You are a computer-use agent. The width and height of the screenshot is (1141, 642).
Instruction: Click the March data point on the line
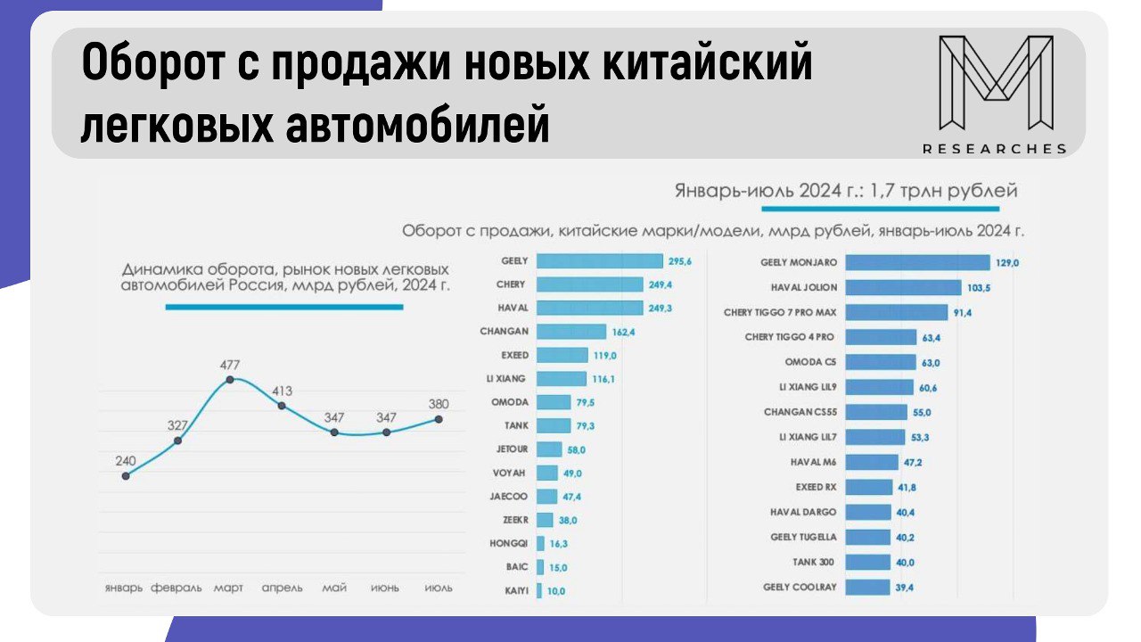point(230,379)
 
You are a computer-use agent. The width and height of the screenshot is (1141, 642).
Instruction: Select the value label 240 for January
point(126,461)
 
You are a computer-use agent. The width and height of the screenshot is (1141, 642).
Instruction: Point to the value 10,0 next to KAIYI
point(556,590)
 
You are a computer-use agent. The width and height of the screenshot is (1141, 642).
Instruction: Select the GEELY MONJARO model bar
point(917,262)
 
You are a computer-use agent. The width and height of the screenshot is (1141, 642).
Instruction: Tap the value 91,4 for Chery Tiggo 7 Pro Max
point(964,313)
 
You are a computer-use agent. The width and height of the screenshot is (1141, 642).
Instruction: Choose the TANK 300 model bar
point(867,563)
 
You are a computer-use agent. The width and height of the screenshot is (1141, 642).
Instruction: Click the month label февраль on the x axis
point(176,588)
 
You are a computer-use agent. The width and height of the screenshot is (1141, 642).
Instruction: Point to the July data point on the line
point(439,418)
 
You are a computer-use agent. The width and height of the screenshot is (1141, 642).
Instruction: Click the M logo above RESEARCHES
point(996,83)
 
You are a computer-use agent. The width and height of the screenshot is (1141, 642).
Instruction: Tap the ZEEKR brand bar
point(542,519)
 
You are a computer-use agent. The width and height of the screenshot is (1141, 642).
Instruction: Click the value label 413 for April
point(283,391)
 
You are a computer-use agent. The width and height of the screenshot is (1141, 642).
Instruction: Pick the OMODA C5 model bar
point(880,362)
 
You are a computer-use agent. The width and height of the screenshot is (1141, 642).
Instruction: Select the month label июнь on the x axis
point(386,588)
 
